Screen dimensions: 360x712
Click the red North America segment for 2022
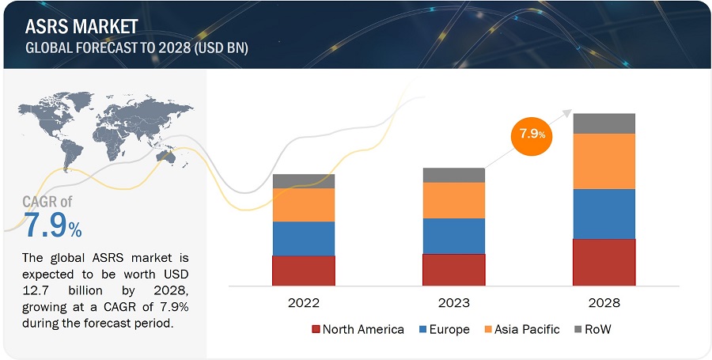point(303,270)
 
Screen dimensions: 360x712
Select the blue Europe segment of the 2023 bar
point(453,236)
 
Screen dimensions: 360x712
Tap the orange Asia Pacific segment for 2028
point(604,161)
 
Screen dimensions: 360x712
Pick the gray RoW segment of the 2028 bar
point(604,123)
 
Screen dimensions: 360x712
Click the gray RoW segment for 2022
point(303,181)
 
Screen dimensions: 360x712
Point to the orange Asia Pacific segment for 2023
point(453,200)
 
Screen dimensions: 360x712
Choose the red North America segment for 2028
point(604,262)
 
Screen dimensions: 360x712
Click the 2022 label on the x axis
point(303,303)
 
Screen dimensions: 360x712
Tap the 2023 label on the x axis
point(453,303)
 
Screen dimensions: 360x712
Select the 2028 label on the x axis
point(604,303)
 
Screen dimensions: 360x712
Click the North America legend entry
point(357,329)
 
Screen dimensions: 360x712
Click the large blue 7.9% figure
point(52,227)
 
